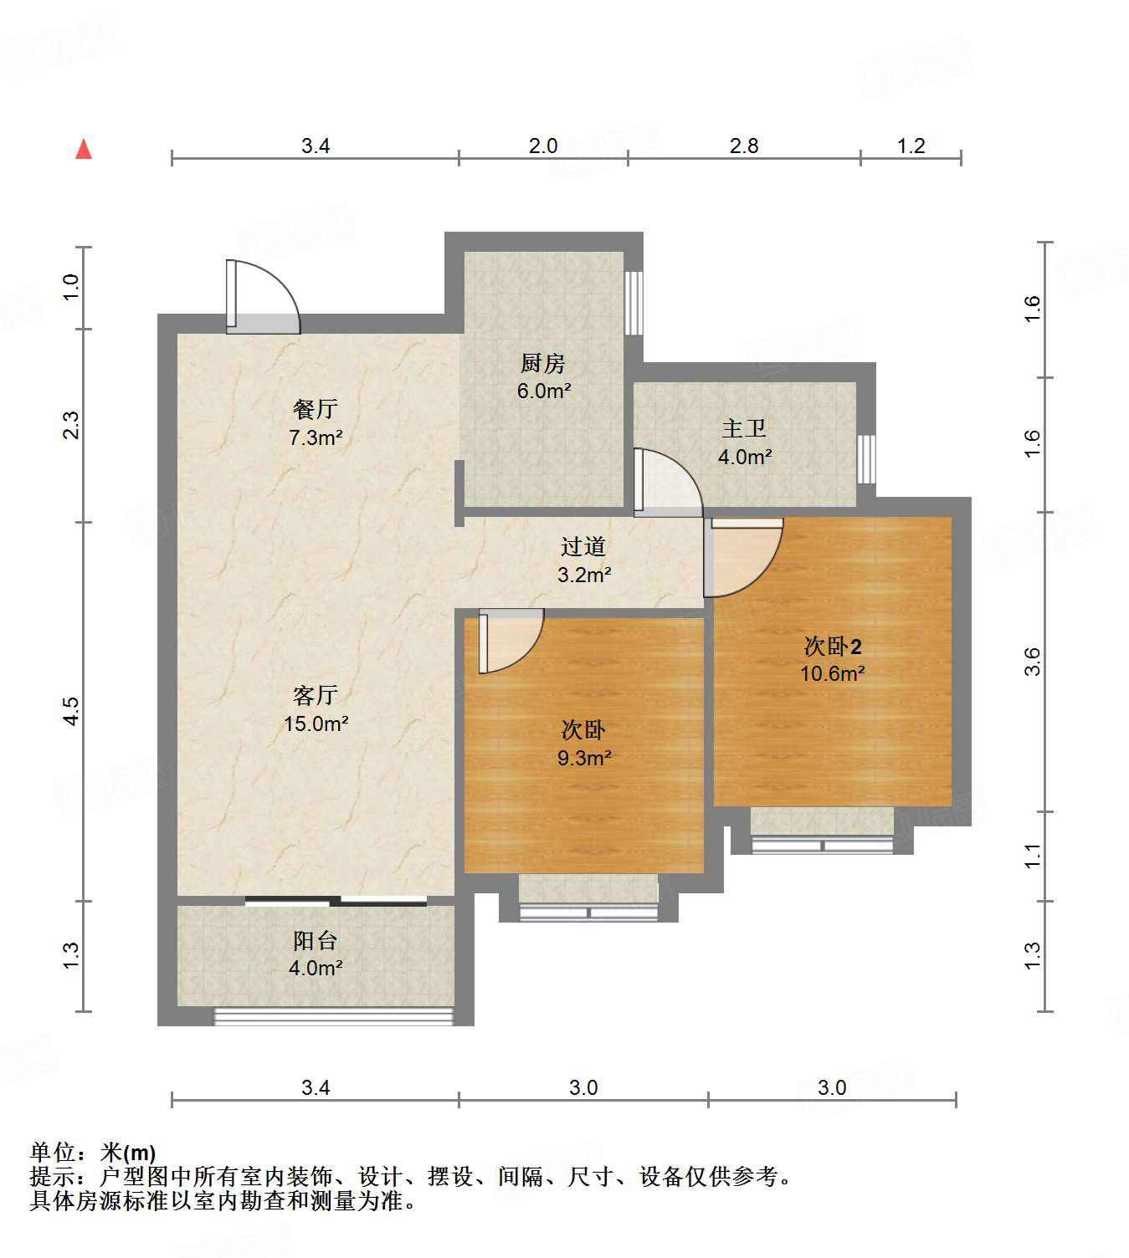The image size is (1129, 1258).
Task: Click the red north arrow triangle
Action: click(x=84, y=150)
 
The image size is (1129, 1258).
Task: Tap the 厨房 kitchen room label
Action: click(x=543, y=363)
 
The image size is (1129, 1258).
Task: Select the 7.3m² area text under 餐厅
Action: click(x=316, y=437)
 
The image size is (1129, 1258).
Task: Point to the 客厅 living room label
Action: click(x=316, y=695)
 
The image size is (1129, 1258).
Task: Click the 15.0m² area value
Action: click(x=316, y=724)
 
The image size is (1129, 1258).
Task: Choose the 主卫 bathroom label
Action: click(x=744, y=428)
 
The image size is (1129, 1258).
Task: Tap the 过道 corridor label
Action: click(x=583, y=546)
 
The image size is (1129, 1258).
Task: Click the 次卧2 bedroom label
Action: click(x=833, y=647)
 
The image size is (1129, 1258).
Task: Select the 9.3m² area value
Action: click(x=584, y=758)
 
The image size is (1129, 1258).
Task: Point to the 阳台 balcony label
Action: click(x=316, y=941)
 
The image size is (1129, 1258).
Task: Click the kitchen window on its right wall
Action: click(x=634, y=303)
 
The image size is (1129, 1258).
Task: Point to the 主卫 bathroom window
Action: click(x=866, y=459)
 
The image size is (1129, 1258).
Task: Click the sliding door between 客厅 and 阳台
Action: click(x=336, y=901)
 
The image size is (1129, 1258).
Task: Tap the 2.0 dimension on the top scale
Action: click(x=543, y=146)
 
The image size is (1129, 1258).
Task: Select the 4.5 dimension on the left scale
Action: click(x=72, y=711)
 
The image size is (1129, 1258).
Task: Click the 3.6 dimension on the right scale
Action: click(x=1032, y=662)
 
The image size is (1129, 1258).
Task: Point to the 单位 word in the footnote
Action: click(x=52, y=1153)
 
